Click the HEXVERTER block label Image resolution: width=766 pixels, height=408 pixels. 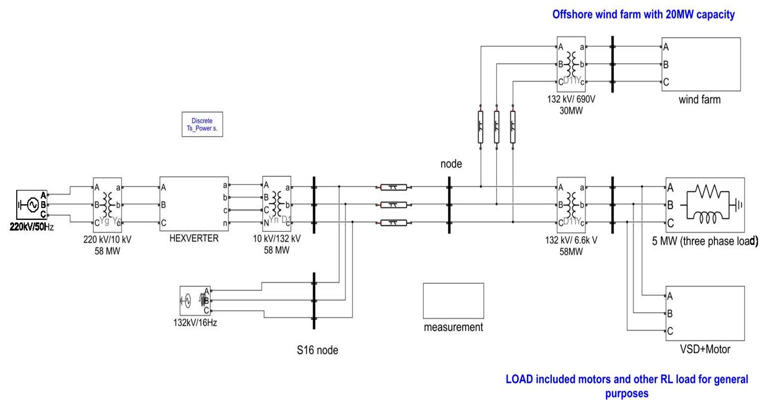[x=194, y=238]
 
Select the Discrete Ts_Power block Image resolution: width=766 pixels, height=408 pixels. [x=202, y=124]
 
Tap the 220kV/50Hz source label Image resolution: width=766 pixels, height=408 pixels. [x=31, y=227]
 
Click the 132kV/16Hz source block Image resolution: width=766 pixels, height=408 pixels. [x=195, y=301]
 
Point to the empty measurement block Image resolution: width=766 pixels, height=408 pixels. [x=453, y=300]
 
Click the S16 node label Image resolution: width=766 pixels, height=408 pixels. [x=317, y=350]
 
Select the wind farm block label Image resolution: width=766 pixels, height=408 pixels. [x=699, y=99]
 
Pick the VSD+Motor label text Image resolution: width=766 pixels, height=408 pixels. [x=705, y=349]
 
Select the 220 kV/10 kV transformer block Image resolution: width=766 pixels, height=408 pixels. [x=107, y=205]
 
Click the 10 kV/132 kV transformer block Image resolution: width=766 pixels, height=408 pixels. [x=277, y=204]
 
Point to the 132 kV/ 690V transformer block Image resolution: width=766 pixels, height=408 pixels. [x=571, y=64]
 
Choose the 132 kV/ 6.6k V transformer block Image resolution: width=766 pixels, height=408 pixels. [x=571, y=205]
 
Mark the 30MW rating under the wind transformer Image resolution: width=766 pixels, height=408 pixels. [x=571, y=110]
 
